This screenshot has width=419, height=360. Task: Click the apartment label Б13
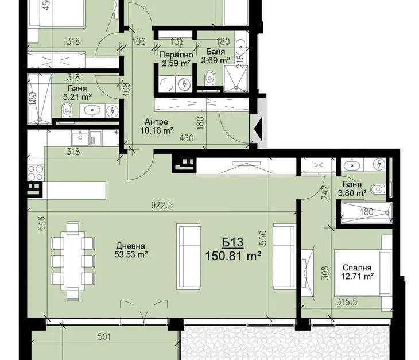(x=233, y=242)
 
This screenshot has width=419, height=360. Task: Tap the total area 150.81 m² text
(x=233, y=256)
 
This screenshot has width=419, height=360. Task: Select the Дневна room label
(x=131, y=246)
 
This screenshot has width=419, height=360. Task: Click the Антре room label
(x=156, y=122)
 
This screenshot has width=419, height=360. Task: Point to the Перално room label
(x=176, y=55)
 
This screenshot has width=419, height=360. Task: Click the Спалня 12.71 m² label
(x=357, y=272)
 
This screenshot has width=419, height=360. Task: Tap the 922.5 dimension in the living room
(x=162, y=205)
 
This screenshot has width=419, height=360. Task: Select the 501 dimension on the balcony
(x=104, y=337)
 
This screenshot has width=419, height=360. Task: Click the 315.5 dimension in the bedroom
(x=347, y=302)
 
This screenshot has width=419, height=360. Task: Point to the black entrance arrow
(x=259, y=129)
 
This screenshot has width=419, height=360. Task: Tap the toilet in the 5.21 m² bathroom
(x=67, y=111)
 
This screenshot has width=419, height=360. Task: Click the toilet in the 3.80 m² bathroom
(x=378, y=189)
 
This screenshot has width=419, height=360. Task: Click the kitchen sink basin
(x=80, y=139)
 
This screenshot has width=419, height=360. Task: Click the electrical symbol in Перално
(x=184, y=85)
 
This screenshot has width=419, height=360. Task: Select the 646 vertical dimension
(x=41, y=223)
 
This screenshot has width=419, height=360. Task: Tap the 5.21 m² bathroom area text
(x=77, y=97)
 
